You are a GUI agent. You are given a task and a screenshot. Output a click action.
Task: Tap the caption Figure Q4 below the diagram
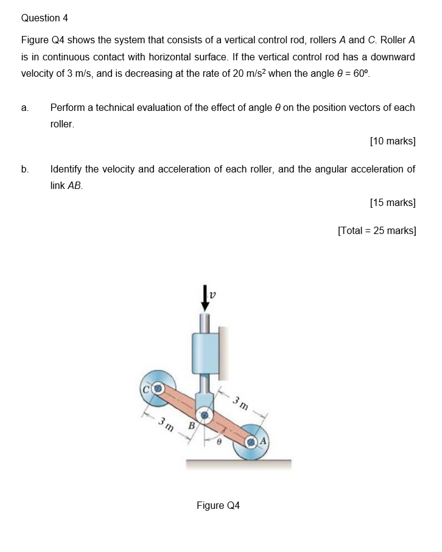[x=218, y=506]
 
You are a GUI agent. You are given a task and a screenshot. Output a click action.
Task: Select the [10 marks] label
[x=393, y=141]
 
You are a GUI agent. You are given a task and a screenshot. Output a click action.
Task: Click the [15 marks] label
[x=393, y=202]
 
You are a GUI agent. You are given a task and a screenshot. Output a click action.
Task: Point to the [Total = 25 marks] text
[x=377, y=230]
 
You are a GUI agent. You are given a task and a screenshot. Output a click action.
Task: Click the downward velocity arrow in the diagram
[x=205, y=299]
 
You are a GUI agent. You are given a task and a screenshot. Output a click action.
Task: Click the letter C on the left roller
[x=147, y=387]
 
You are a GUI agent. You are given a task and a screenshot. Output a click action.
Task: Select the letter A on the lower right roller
[x=264, y=441]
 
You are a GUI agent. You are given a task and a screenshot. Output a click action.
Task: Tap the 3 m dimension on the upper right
[x=240, y=403]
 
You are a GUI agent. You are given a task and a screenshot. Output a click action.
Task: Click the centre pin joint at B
[x=206, y=416]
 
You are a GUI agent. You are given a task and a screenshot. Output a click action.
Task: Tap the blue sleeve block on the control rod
[x=205, y=353]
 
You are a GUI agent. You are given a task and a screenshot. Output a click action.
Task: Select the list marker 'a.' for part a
[x=25, y=108]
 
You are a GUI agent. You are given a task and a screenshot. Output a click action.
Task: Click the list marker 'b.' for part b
[x=25, y=169]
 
